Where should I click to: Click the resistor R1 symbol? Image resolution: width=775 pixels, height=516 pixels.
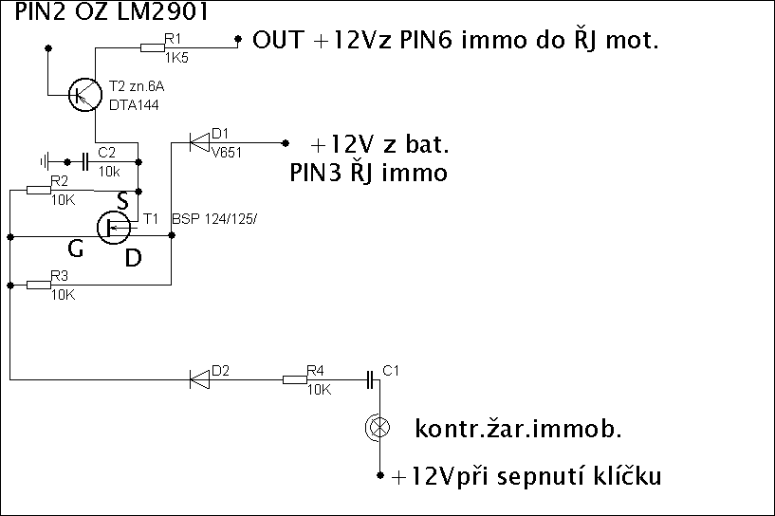(152, 46)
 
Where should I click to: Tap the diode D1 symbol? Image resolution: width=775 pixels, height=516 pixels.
(199, 143)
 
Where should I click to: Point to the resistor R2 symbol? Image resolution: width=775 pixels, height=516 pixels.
(39, 190)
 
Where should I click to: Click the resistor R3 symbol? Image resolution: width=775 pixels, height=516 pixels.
(39, 284)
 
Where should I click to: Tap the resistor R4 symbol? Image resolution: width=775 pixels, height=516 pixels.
(296, 380)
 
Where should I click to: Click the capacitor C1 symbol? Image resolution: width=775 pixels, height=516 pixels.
(371, 380)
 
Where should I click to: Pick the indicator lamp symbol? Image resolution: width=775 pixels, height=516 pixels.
(378, 429)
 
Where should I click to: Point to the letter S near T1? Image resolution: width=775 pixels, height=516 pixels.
(121, 201)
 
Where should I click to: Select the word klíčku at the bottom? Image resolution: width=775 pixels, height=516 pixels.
(625, 476)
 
